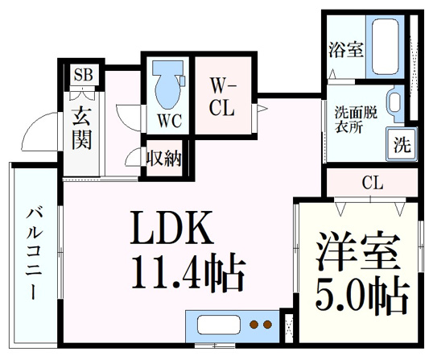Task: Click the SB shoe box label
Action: point(84,74)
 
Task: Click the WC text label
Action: point(170,121)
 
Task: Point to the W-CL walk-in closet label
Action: point(223,97)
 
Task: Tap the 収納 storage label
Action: point(163,159)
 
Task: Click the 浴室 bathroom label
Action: point(346,49)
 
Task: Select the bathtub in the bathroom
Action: point(386,47)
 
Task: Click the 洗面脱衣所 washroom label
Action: point(357,120)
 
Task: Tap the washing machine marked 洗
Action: point(402,144)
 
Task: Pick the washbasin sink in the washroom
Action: point(395,103)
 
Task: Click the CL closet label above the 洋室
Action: point(373,183)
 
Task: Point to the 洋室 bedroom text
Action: point(358,252)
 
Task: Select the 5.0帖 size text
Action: point(361,295)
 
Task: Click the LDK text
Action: point(171,227)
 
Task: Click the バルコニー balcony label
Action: point(34,254)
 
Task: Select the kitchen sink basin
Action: point(218,325)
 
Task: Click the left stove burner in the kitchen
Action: point(254,325)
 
